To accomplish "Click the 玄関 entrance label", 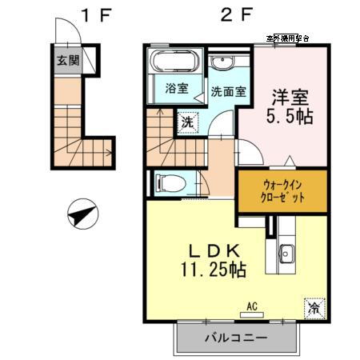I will [x=66, y=59].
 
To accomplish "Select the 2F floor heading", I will [x=229, y=14].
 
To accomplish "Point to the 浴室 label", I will [x=177, y=89].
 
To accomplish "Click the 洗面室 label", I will [x=227, y=90].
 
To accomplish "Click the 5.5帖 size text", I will [x=288, y=116].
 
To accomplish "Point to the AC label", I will [x=251, y=304].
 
